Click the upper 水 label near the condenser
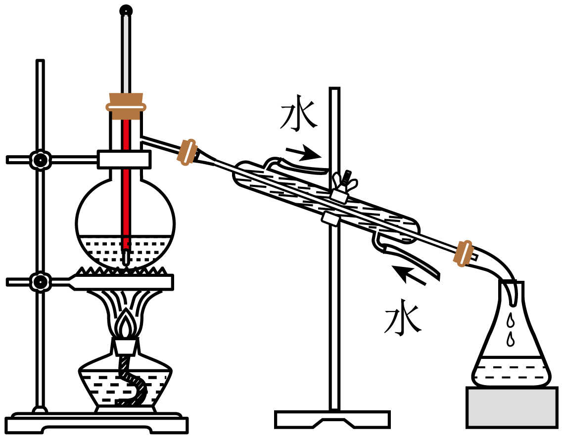click(x=298, y=117)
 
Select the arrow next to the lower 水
click(x=409, y=275)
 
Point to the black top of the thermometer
click(x=127, y=10)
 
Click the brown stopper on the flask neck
click(x=126, y=106)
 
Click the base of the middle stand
click(x=332, y=419)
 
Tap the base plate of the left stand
click(x=96, y=424)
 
